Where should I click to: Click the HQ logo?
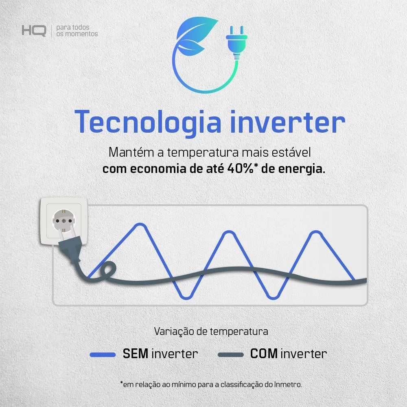point(34,31)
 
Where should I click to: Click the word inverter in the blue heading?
point(288,122)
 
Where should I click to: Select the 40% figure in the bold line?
point(241,169)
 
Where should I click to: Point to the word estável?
point(291,152)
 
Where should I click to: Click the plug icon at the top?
point(236,43)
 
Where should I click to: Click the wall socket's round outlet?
point(63,221)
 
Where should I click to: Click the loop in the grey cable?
point(108,270)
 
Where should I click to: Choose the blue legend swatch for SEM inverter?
point(103,354)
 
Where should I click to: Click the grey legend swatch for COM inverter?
point(230,354)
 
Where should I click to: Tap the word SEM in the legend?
point(135,354)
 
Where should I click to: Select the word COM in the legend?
point(264,354)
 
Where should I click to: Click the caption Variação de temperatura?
point(211,331)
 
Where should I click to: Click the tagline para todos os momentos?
point(77,31)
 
